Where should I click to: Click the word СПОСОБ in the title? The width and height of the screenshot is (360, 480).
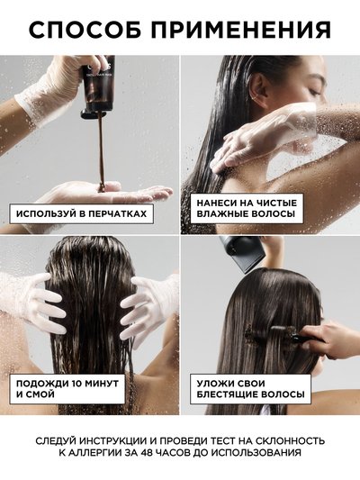(x=85, y=30)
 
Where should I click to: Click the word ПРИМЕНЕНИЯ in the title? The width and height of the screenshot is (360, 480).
(x=241, y=30)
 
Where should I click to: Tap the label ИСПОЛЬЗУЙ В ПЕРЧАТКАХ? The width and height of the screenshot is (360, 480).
(x=81, y=213)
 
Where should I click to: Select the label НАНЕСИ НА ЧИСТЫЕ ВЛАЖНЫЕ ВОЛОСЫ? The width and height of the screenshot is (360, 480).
(x=247, y=208)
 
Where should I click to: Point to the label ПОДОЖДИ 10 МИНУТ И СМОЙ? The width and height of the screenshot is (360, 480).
(x=67, y=389)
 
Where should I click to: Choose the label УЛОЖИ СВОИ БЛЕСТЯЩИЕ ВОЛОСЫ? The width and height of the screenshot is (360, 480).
(x=250, y=389)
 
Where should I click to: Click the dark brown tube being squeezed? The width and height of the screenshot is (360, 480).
(x=97, y=83)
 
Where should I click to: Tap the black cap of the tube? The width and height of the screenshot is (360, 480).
(x=94, y=113)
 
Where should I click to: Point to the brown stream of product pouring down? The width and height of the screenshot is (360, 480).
(x=101, y=151)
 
